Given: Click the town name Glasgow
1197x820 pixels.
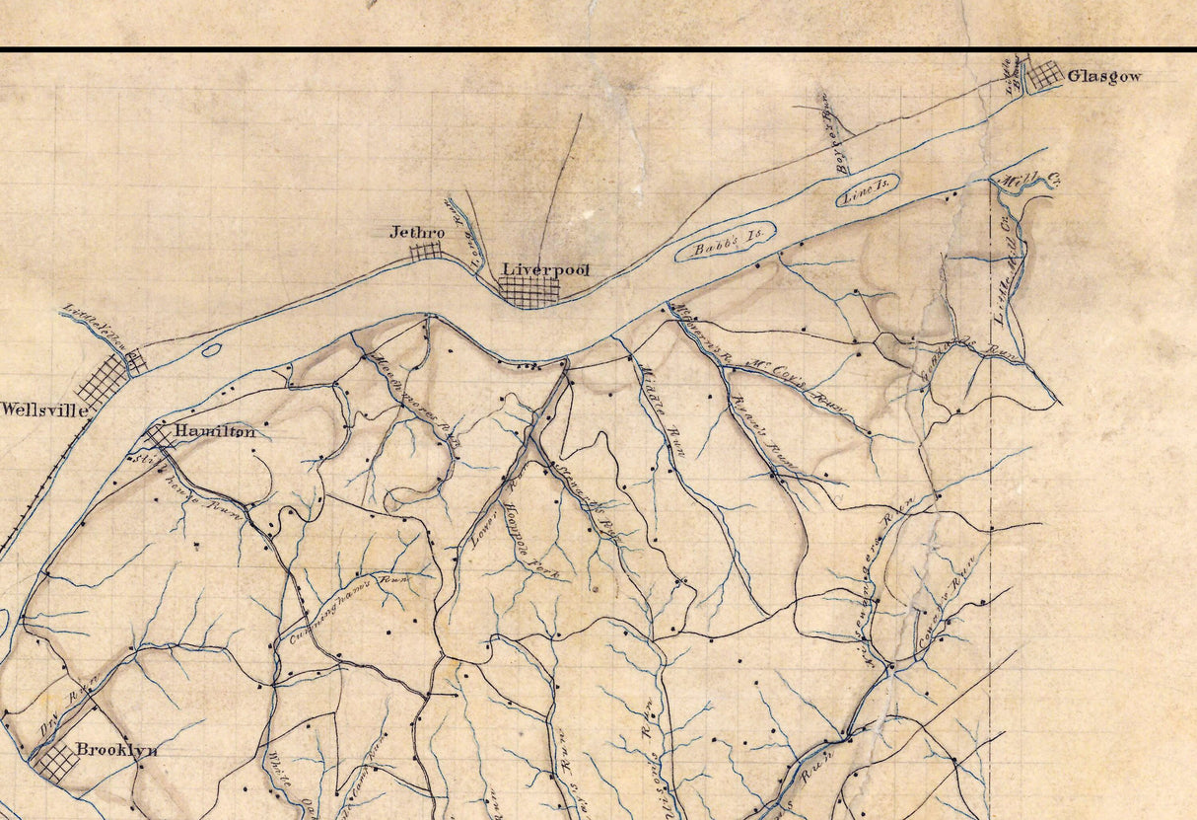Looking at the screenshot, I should [1104, 76].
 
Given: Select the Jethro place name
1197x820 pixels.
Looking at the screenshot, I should [417, 233].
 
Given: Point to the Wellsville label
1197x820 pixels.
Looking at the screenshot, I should [44, 410].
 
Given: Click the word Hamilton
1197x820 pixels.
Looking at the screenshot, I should [215, 431].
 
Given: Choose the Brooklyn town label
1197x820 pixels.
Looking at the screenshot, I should [117, 750].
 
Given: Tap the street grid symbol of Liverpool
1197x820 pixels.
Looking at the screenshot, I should [528, 292].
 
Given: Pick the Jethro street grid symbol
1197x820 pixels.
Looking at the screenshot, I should [425, 251].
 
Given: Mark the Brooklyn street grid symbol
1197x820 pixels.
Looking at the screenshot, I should [53, 763].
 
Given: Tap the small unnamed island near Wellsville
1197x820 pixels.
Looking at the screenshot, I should [210, 349].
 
